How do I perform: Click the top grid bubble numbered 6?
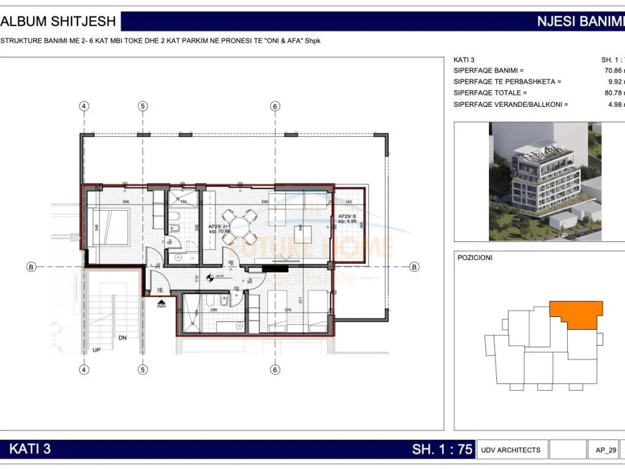point(275,106)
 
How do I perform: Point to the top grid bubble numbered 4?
point(84,106)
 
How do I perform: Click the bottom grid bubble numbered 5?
point(142,369)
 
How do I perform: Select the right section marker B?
point(414,267)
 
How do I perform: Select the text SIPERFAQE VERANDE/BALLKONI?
point(510,104)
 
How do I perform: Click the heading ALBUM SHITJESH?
point(59,21)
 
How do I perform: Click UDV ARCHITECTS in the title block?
point(510,450)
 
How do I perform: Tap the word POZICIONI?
point(475,258)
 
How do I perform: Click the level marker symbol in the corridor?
point(211,277)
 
